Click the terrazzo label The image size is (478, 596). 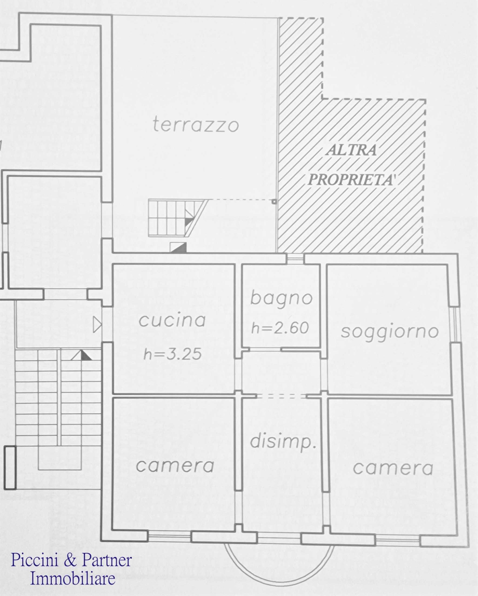[x=196, y=125]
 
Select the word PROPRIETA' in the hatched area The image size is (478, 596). [x=352, y=180]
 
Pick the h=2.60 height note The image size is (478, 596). [x=280, y=328]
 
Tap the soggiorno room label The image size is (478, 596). [x=390, y=332]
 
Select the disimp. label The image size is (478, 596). [x=283, y=441]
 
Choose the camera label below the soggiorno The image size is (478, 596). [x=393, y=468]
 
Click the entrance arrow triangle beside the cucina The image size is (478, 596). [x=97, y=325]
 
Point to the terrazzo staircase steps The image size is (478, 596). [x=177, y=218]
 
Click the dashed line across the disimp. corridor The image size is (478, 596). [x=281, y=396]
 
